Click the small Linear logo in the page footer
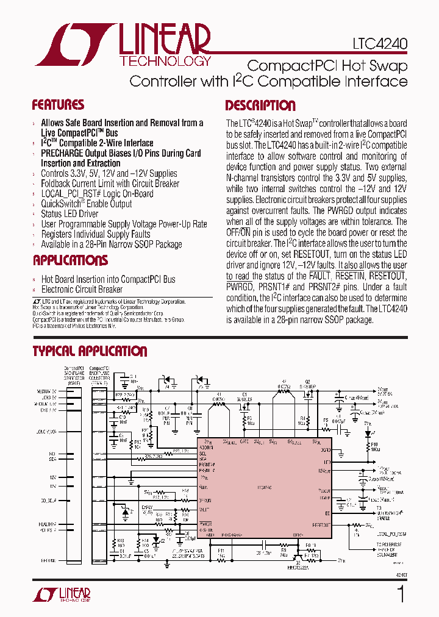coord(66,594)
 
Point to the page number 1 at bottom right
coord(401,595)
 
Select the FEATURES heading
coord(58,105)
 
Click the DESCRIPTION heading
coord(260,105)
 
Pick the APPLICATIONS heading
coord(70,260)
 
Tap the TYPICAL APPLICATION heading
coord(90,351)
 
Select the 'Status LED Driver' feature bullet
coord(70,213)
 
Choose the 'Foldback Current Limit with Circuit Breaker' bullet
coord(110,184)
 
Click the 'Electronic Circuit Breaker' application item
coord(82,290)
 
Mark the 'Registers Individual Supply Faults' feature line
coord(96,234)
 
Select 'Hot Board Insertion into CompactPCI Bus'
coord(108,279)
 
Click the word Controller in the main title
coord(163,81)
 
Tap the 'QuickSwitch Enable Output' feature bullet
coord(87,204)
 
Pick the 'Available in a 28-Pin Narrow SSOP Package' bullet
coord(111,244)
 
